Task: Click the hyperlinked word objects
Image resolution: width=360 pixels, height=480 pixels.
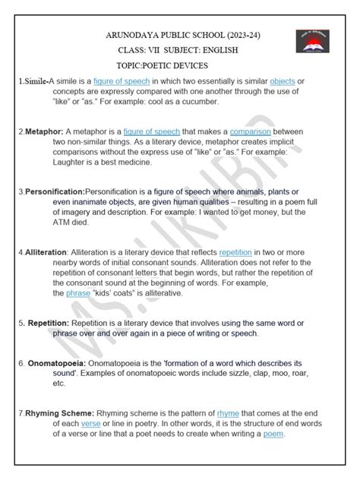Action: [x=283, y=81]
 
